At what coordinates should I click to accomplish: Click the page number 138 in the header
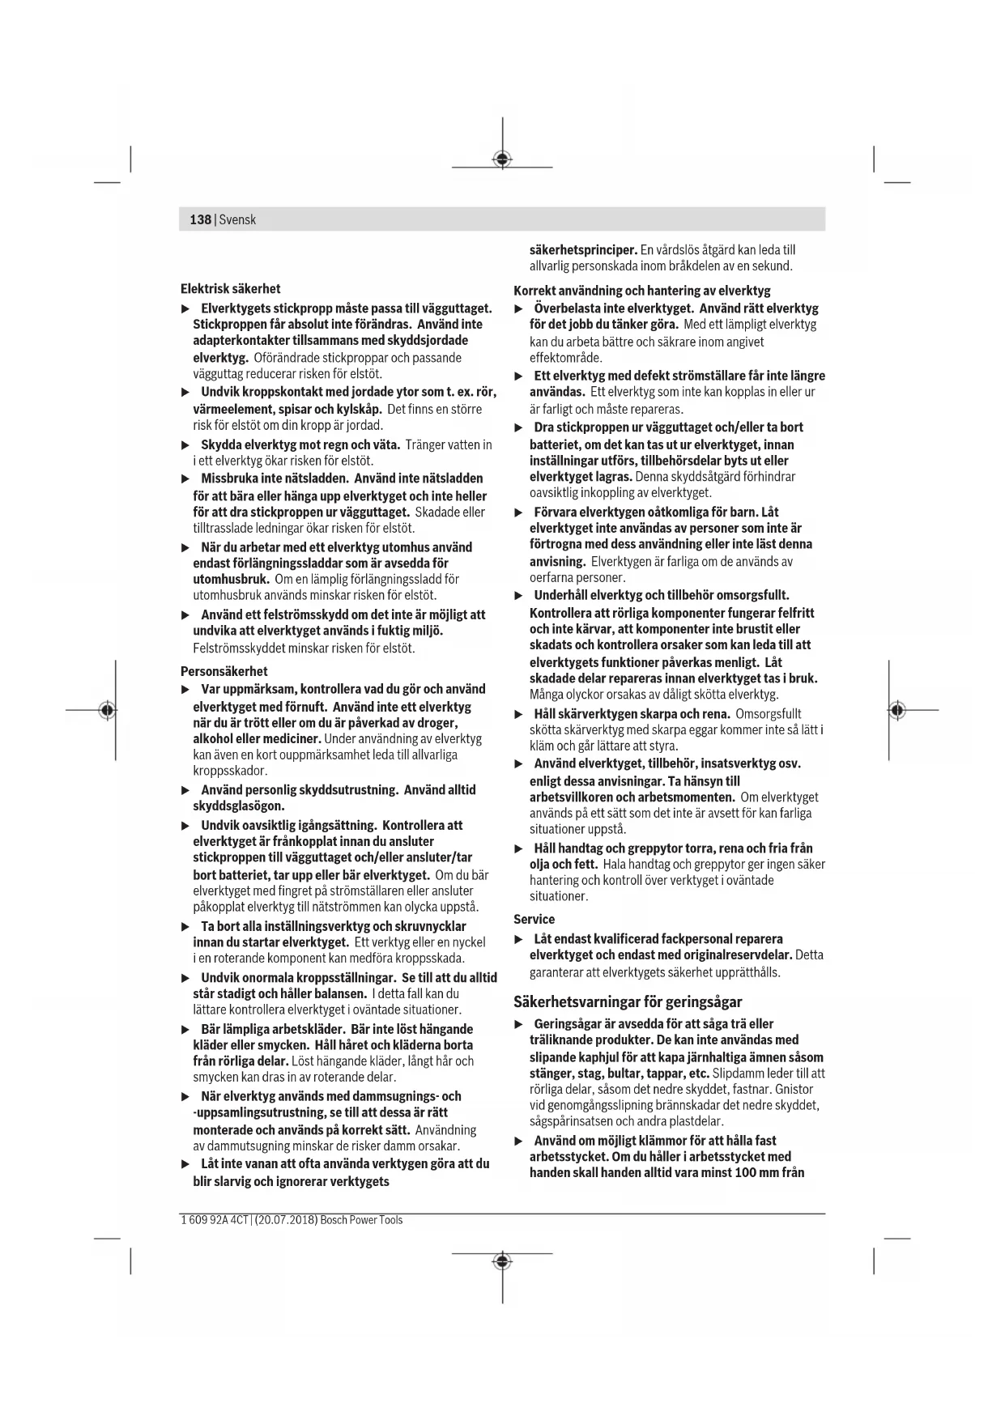pos(200,219)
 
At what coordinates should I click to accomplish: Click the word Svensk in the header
pos(237,219)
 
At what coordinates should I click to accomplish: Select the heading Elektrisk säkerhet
pos(230,289)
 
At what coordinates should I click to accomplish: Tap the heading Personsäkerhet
pos(224,671)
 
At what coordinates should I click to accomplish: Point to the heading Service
pos(534,919)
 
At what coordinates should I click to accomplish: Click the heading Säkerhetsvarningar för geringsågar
pos(628,1001)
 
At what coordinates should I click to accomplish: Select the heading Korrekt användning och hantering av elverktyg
pos(642,291)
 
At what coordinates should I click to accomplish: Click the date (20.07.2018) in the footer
pos(286,1220)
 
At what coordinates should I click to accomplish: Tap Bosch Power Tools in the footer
pos(361,1220)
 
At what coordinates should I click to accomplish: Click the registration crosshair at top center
pos(502,159)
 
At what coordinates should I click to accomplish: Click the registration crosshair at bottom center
pos(502,1262)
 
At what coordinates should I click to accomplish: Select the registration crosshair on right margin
pos(896,710)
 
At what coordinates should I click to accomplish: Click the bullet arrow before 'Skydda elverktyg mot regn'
pos(185,445)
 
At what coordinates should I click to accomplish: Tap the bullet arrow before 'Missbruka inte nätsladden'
pos(185,479)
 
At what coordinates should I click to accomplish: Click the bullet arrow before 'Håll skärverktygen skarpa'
pos(519,715)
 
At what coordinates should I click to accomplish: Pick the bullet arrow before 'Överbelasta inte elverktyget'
pos(519,309)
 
